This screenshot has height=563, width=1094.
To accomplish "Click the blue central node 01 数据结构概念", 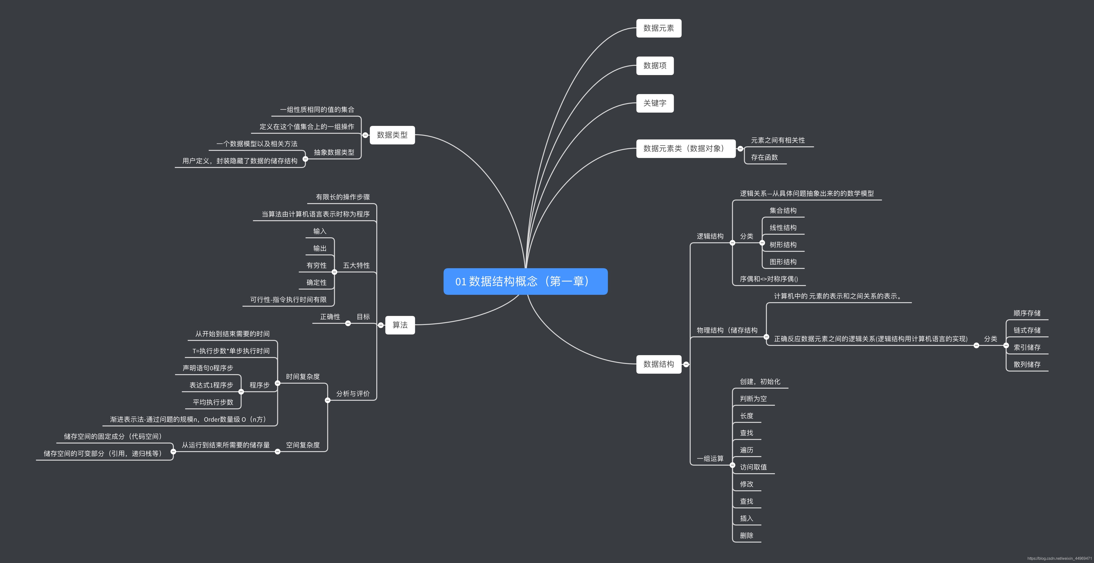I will click(x=525, y=281).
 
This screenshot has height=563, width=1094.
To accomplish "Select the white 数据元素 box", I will click(x=658, y=28).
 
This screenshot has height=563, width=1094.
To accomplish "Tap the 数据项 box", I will click(x=655, y=65).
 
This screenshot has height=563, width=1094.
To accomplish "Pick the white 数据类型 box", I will click(x=392, y=135).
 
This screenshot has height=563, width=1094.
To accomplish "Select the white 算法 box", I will click(x=400, y=325).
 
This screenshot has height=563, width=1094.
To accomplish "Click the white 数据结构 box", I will click(x=658, y=364).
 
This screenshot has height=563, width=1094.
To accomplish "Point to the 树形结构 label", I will click(x=783, y=245).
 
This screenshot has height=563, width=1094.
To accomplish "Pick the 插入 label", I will click(x=746, y=518).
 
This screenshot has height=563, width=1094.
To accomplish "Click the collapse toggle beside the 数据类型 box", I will click(x=365, y=135).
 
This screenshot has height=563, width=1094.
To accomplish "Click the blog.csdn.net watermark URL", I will click(x=1059, y=558).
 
